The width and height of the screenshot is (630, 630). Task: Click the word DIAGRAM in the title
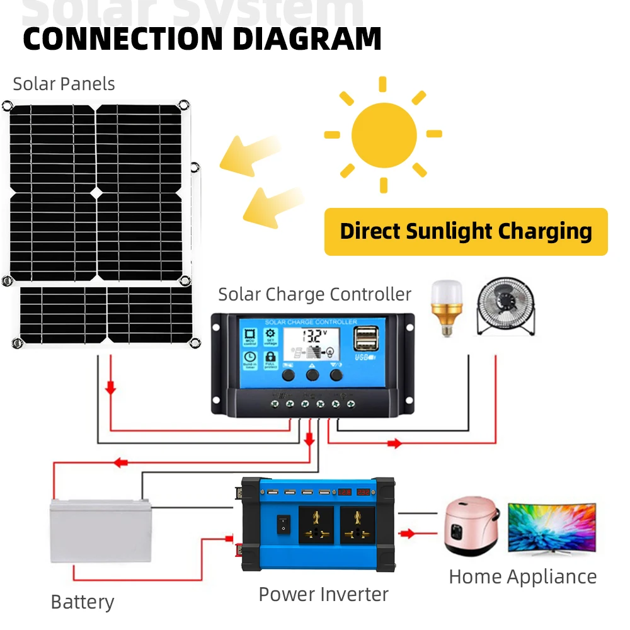click(307, 38)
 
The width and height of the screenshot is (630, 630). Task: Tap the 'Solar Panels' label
click(64, 84)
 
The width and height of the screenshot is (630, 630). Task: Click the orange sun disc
click(384, 134)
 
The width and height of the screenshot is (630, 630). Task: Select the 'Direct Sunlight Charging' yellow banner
click(466, 232)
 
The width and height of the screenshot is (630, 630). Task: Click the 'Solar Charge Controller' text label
click(314, 294)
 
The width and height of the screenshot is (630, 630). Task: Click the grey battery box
click(100, 530)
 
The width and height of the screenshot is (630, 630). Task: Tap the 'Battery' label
click(82, 602)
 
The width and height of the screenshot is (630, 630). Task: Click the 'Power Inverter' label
click(323, 594)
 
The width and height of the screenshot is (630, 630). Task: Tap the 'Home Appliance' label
click(522, 576)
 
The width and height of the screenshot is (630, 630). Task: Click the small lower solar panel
click(106, 314)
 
